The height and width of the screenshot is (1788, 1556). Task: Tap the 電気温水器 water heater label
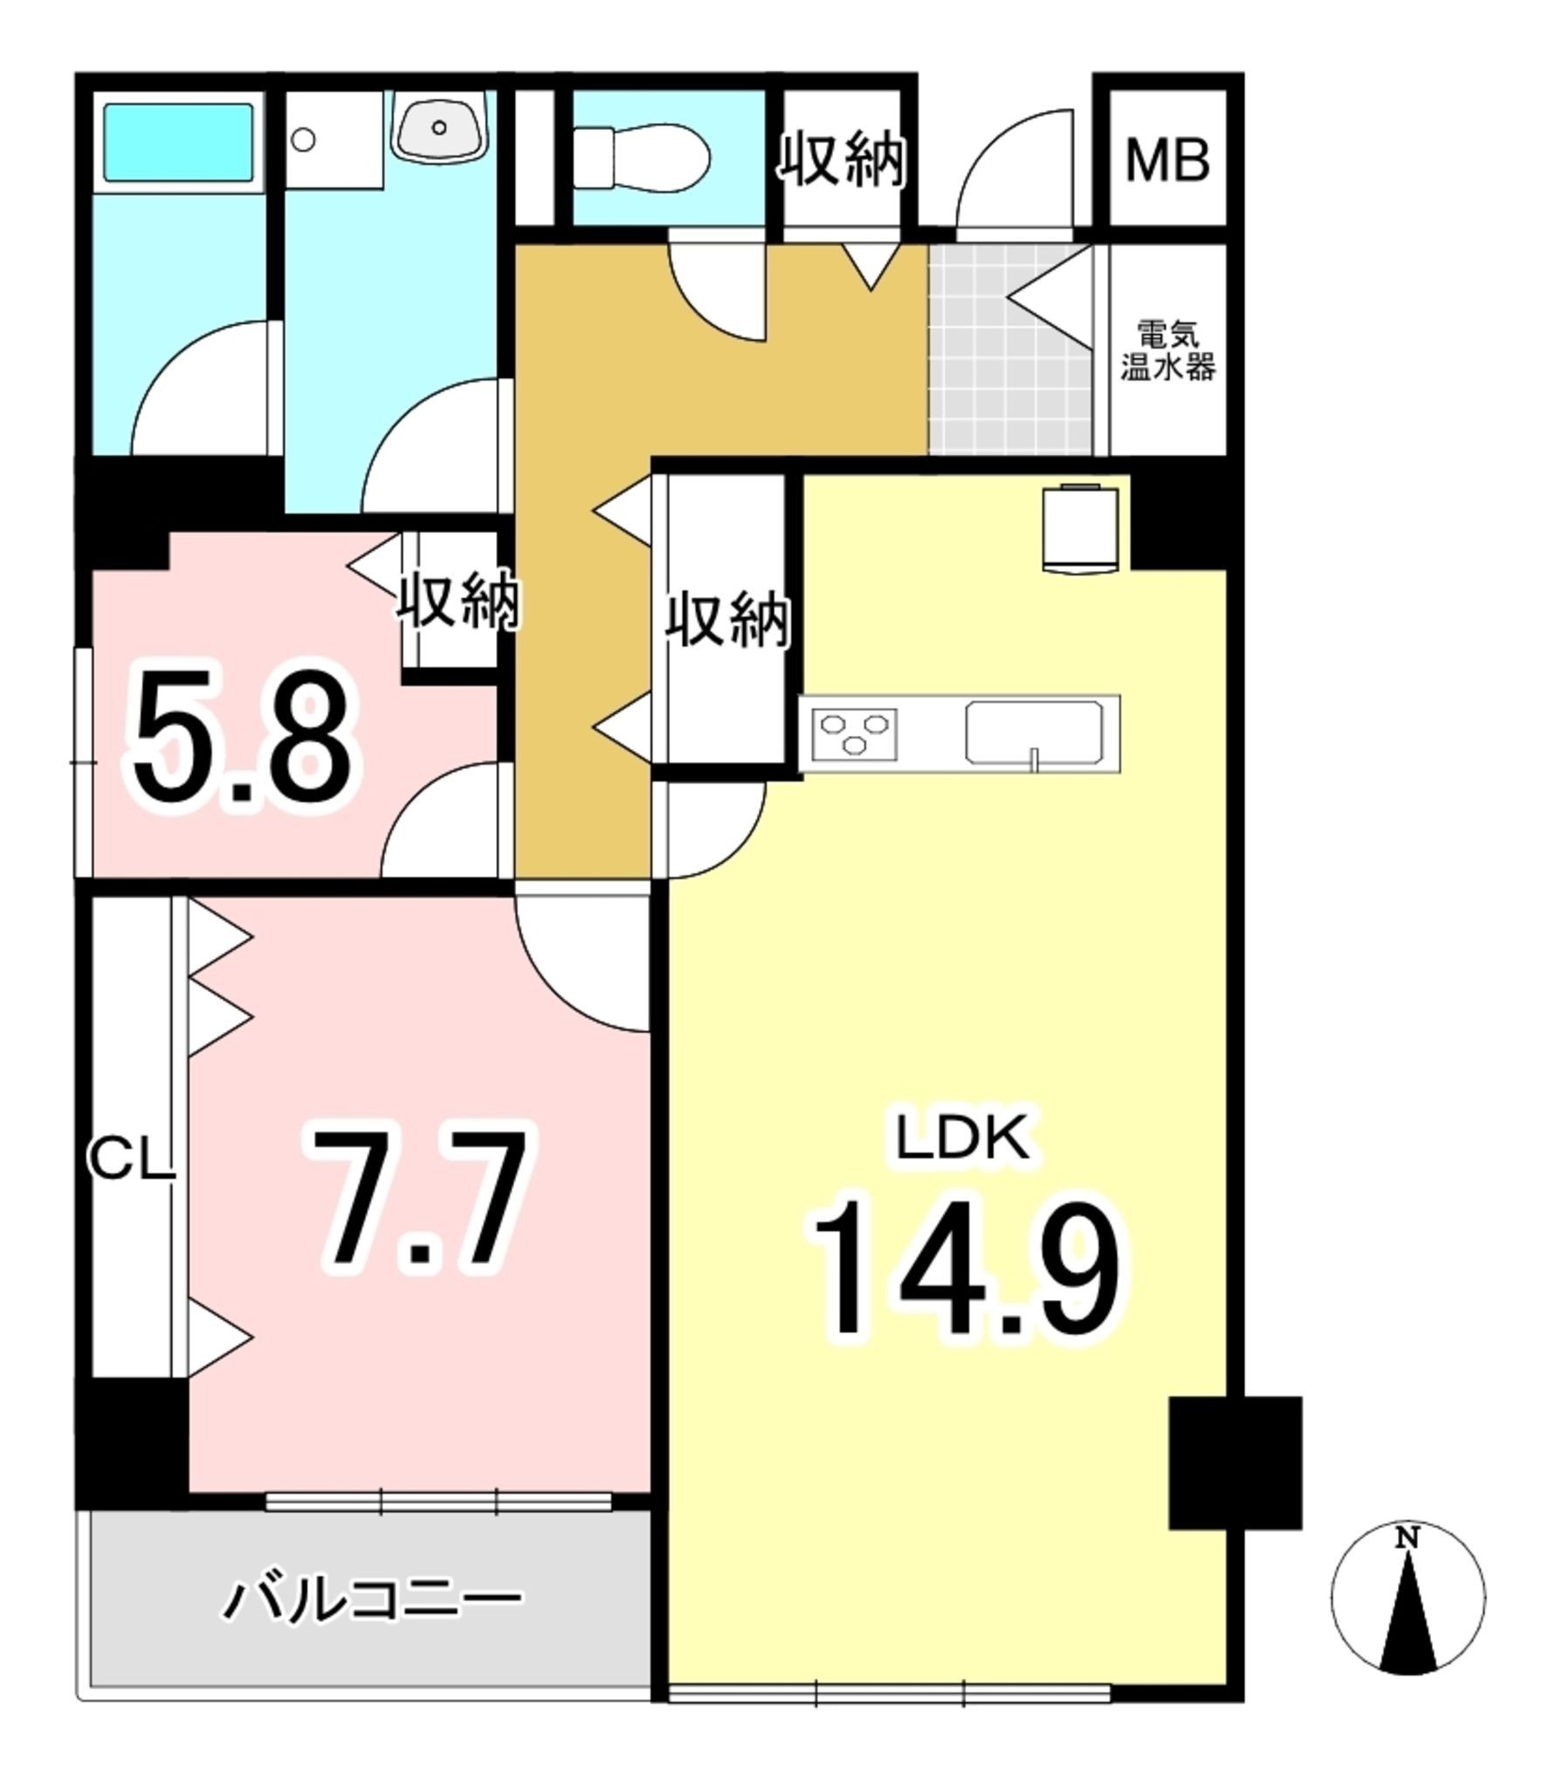point(1167,352)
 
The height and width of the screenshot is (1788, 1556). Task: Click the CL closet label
point(131,1162)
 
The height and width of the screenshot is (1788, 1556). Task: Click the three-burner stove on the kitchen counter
point(854,732)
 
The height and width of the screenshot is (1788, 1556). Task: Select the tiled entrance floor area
point(1011,350)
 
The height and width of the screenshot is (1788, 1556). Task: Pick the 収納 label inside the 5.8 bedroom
point(459,602)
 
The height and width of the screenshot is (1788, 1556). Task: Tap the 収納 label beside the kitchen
point(727,621)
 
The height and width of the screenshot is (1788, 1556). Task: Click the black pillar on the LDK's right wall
point(1235,1475)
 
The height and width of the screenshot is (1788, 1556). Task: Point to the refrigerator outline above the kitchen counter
point(1080,528)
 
